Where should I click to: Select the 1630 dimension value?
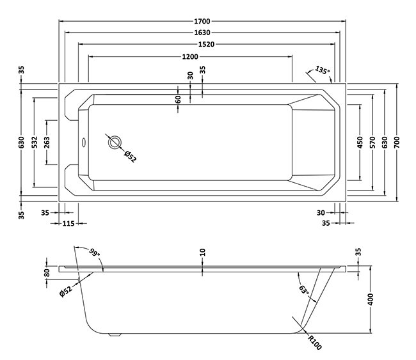click(202, 32)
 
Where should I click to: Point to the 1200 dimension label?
click(189, 56)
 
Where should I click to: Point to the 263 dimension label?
click(47, 141)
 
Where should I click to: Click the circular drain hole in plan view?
click(115, 143)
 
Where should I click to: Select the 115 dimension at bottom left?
click(70, 223)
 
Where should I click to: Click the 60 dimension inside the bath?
click(179, 99)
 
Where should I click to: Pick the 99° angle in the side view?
click(95, 253)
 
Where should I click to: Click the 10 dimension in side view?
click(202, 253)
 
